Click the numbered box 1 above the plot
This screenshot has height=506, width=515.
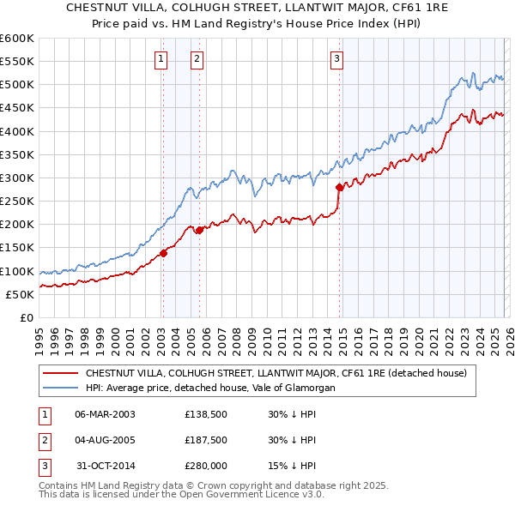tap(161, 59)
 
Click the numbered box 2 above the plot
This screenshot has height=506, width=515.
tap(197, 59)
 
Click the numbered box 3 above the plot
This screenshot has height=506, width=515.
tap(337, 59)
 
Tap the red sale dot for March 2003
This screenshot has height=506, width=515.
tap(163, 253)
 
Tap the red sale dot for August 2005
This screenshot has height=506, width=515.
tap(199, 230)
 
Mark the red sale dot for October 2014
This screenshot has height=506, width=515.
tap(340, 187)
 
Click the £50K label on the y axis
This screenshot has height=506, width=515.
tap(20, 294)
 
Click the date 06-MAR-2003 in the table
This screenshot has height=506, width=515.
tap(105, 414)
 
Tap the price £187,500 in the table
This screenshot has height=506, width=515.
tap(206, 440)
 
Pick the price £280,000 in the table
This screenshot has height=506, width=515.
tap(206, 466)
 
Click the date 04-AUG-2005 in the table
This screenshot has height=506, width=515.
tap(105, 440)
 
